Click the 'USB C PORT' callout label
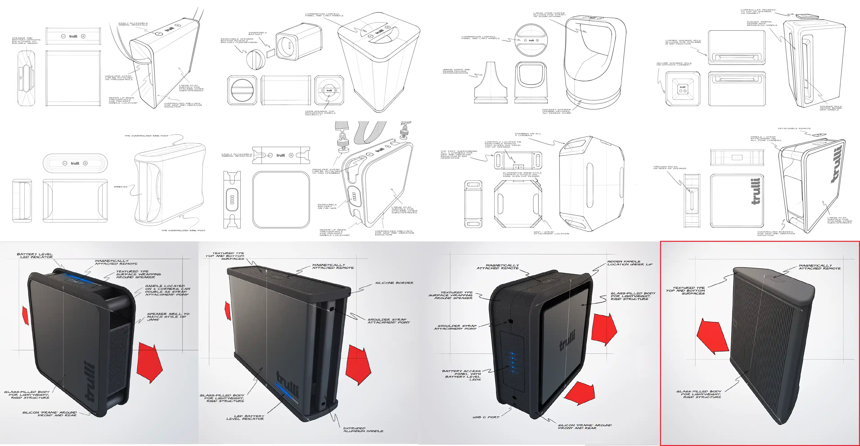(486, 417)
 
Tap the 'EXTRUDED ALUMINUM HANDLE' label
(363, 430)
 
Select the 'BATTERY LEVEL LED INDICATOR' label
(35, 256)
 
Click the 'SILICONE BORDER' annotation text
(394, 283)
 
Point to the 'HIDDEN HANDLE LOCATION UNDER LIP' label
(630, 263)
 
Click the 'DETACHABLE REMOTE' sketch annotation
(794, 128)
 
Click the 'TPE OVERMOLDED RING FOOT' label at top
(147, 136)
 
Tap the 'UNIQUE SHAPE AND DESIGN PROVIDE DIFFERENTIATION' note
(456, 71)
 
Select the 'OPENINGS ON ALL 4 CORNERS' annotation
(528, 134)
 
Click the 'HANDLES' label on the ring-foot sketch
(121, 187)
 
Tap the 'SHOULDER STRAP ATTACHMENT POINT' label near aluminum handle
(388, 321)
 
